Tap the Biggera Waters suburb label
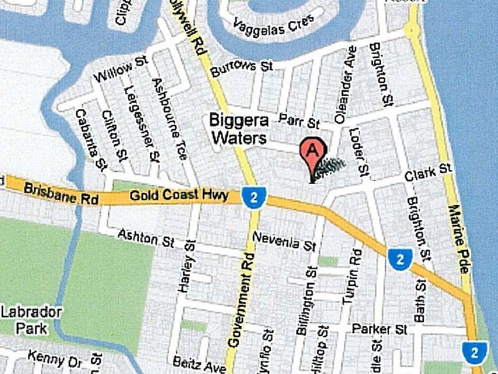pos(238,128)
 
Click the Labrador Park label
pos(31,319)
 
